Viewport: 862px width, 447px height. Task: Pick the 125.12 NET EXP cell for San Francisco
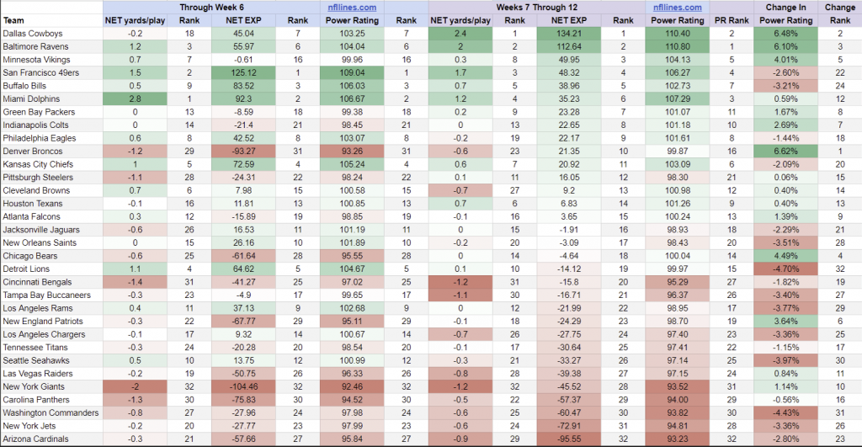pos(222,72)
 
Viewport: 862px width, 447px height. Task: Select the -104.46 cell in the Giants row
pos(222,386)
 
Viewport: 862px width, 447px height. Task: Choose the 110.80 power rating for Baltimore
pos(678,45)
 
